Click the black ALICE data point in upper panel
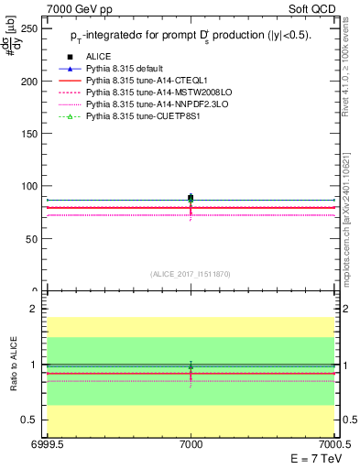(191, 198)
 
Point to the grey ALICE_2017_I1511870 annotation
(191, 273)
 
